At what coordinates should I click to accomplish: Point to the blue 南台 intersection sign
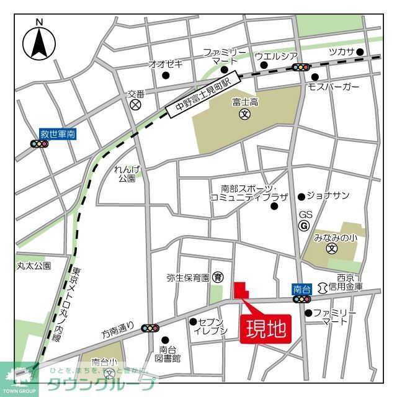[302, 289]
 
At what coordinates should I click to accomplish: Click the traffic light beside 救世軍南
[39, 144]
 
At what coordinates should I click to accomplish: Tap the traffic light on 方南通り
[150, 328]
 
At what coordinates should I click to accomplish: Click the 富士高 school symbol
[244, 114]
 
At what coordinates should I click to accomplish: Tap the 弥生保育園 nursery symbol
[218, 277]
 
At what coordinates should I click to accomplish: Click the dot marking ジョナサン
[301, 197]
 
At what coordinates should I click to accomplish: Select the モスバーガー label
[334, 87]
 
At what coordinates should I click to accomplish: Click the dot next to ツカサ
[359, 52]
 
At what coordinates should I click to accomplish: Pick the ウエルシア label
[276, 56]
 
